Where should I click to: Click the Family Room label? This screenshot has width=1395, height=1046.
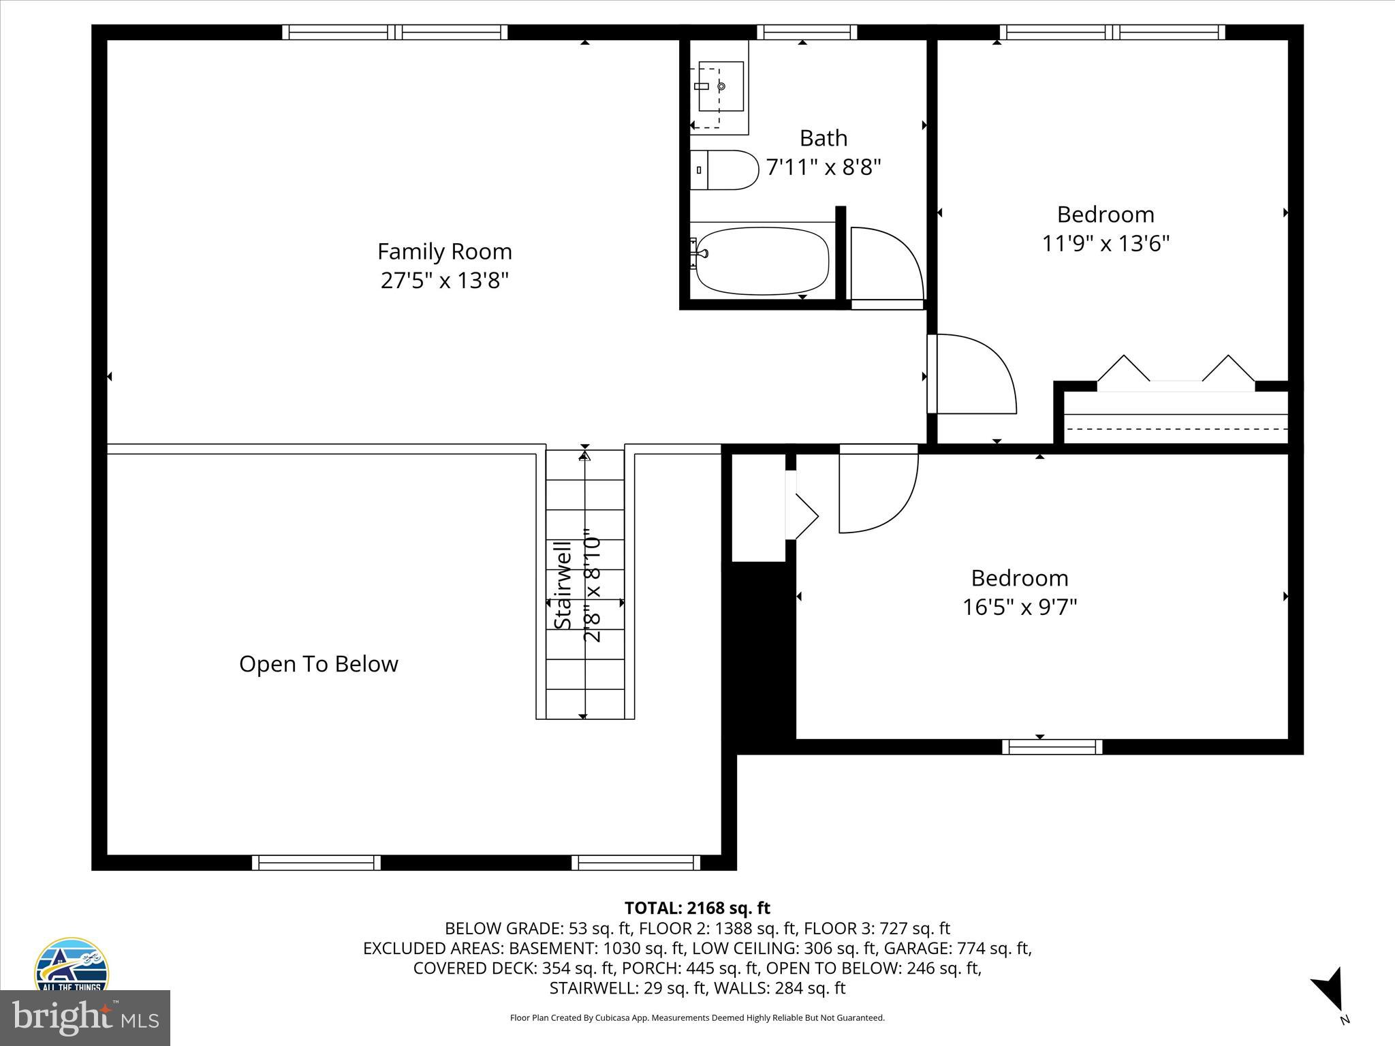pyautogui.click(x=444, y=251)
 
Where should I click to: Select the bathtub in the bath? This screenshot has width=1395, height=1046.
pyautogui.click(x=762, y=261)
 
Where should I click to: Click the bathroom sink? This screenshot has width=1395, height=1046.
pyautogui.click(x=719, y=86)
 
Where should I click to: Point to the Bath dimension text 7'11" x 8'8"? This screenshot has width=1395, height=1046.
pyautogui.click(x=824, y=167)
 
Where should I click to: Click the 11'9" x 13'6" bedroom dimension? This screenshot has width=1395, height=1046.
pyautogui.click(x=1106, y=243)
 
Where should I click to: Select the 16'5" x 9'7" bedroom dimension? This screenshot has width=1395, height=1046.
pyautogui.click(x=1019, y=607)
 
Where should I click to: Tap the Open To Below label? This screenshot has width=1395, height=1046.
pyautogui.click(x=318, y=664)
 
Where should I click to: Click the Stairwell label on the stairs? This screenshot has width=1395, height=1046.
pyautogui.click(x=563, y=586)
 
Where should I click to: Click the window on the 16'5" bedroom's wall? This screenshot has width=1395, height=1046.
pyautogui.click(x=1052, y=747)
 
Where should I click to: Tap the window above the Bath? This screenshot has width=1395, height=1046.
pyautogui.click(x=806, y=32)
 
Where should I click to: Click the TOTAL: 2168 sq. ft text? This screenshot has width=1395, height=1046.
pyautogui.click(x=697, y=908)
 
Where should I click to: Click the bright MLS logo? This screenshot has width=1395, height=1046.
pyautogui.click(x=85, y=1017)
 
